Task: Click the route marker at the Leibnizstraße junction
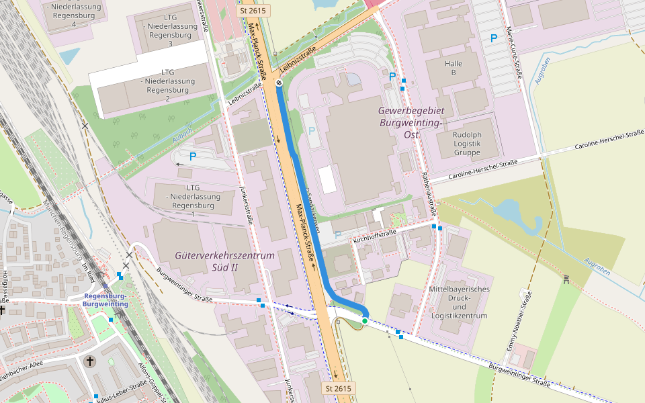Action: [279, 83]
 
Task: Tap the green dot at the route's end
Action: [364, 321]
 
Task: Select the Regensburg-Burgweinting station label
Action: [105, 300]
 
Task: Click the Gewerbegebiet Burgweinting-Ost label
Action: [410, 116]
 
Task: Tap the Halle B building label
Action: [454, 68]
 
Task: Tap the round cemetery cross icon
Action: [90, 362]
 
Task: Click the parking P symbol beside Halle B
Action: [494, 39]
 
